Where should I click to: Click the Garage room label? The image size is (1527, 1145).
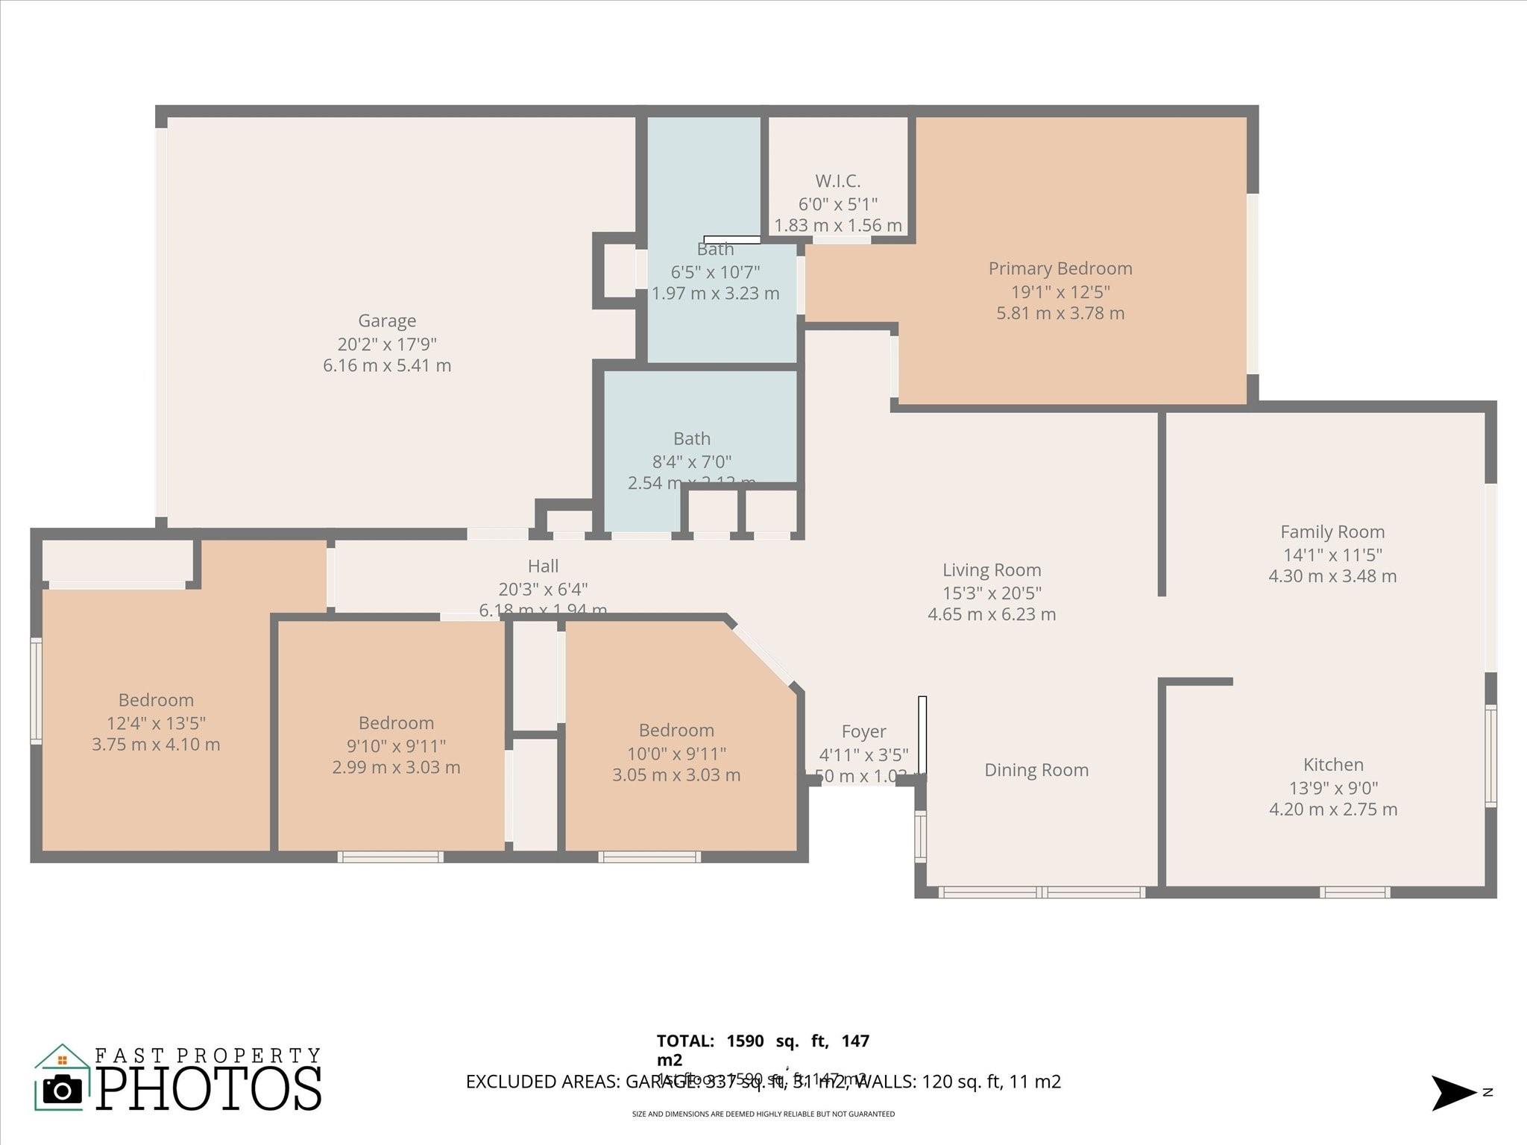click(x=387, y=321)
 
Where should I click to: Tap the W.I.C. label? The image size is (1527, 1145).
click(x=837, y=181)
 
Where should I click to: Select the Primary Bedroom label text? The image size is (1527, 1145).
click(x=1060, y=268)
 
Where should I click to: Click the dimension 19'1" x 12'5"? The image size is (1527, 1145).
click(x=1060, y=291)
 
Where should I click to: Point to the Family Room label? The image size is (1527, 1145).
click(x=1332, y=532)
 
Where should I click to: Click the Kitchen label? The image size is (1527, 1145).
click(x=1332, y=765)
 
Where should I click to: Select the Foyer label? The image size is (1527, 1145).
click(x=863, y=732)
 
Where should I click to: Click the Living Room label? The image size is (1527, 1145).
click(x=991, y=570)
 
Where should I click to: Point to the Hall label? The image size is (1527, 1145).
click(x=543, y=567)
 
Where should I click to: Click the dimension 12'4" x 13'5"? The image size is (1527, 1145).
click(x=156, y=723)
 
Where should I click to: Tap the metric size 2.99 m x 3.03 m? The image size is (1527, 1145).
click(x=396, y=768)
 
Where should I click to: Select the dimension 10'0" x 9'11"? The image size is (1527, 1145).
click(x=676, y=754)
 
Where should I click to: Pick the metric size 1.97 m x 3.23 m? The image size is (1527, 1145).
click(x=715, y=294)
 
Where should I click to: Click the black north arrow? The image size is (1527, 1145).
click(x=1451, y=1093)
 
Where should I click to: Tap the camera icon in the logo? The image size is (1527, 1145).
click(x=63, y=1090)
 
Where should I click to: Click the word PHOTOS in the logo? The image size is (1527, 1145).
click(x=209, y=1089)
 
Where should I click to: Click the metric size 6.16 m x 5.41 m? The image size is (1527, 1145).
click(x=387, y=366)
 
